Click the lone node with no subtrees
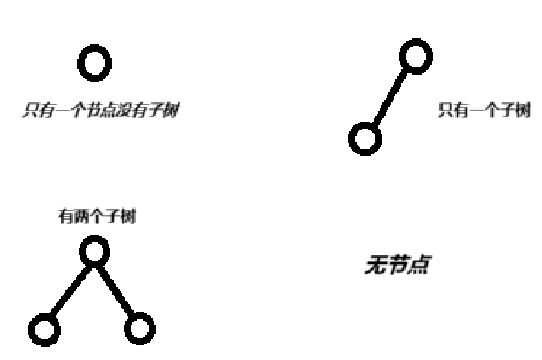(94, 63)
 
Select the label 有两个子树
(94, 217)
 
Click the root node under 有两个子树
(94, 251)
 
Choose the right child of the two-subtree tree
(139, 329)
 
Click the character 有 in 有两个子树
(63, 217)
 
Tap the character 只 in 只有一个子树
(445, 110)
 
